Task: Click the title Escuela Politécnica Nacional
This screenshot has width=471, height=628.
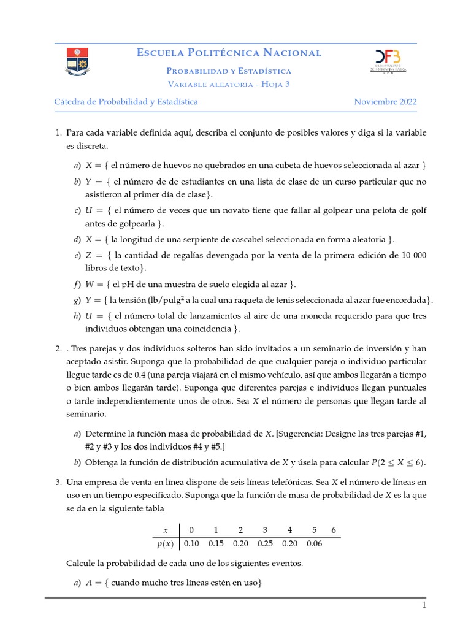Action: (229, 53)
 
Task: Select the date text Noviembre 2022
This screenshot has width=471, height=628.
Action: (385, 102)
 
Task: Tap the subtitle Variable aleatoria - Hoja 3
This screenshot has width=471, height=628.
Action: (229, 85)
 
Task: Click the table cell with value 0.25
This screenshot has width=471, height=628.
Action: (264, 543)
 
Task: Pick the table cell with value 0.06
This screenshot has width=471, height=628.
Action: (313, 543)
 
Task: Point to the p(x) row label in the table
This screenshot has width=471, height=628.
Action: (164, 543)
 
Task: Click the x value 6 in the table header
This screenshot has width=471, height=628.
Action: (333, 530)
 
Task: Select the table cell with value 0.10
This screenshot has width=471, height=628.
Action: (191, 543)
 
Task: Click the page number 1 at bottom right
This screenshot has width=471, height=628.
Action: (423, 606)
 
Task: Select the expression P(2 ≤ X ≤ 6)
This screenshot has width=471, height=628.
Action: (398, 462)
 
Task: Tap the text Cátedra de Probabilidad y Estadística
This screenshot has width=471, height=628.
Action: (126, 102)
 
